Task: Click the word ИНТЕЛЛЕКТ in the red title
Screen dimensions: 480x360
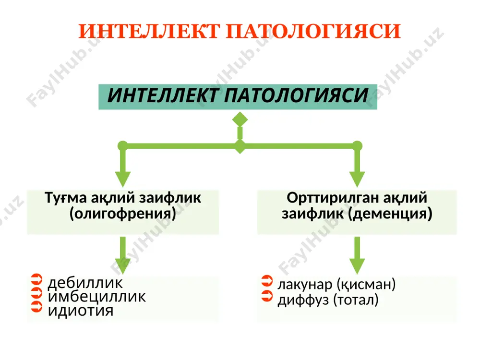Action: (149, 31)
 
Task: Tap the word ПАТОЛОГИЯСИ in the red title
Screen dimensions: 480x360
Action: (313, 31)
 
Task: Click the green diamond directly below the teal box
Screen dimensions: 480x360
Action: (240, 120)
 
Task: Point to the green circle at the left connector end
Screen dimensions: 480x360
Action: (123, 146)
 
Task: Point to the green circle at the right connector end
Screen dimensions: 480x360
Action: (357, 146)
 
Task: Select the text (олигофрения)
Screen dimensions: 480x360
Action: (123, 214)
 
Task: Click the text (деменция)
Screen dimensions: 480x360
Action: (390, 214)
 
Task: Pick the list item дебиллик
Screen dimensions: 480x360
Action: (85, 283)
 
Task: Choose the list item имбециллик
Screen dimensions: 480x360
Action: (97, 297)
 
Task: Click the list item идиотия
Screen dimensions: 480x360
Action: (81, 311)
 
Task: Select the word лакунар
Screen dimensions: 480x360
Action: (305, 284)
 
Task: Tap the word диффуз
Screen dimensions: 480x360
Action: (303, 300)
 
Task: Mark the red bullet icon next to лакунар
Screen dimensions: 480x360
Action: (267, 281)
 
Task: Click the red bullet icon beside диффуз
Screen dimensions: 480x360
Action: (267, 296)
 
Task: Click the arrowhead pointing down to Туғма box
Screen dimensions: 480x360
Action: (123, 179)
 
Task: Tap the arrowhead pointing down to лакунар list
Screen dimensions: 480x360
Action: (357, 266)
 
